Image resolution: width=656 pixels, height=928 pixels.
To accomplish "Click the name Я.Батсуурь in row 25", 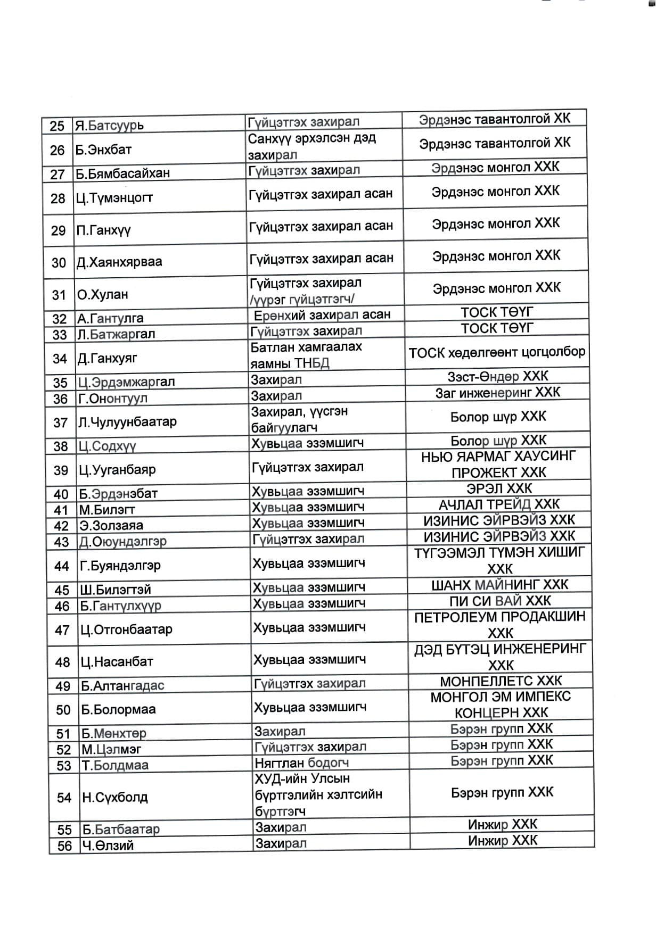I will click(x=109, y=126).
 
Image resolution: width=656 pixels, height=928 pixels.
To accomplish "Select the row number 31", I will click(x=59, y=295).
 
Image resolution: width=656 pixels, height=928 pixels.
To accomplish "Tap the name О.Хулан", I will click(x=102, y=295).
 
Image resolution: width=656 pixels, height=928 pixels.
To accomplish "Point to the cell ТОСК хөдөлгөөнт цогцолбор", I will click(x=497, y=352).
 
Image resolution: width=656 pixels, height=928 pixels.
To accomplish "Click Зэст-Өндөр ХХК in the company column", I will click(x=497, y=376).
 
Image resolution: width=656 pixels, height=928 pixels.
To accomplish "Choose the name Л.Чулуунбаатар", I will click(x=127, y=422).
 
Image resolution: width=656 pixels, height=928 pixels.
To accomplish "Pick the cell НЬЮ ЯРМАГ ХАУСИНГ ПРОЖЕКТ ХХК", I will click(x=498, y=465).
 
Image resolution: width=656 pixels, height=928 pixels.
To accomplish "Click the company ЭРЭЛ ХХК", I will click(x=499, y=488).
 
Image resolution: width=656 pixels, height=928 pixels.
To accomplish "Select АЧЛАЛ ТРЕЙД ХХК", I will click(x=499, y=504).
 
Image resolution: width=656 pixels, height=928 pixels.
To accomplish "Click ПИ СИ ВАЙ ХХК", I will click(x=500, y=601).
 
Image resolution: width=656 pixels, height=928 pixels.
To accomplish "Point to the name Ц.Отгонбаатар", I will click(x=126, y=630).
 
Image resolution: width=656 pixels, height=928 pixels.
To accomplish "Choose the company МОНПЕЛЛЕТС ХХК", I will click(x=501, y=681).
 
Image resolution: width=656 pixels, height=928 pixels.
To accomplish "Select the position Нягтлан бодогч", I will click(x=301, y=763).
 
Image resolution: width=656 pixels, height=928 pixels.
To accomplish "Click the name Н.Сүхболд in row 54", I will click(x=114, y=798).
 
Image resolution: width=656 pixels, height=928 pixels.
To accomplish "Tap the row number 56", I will click(x=64, y=846).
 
